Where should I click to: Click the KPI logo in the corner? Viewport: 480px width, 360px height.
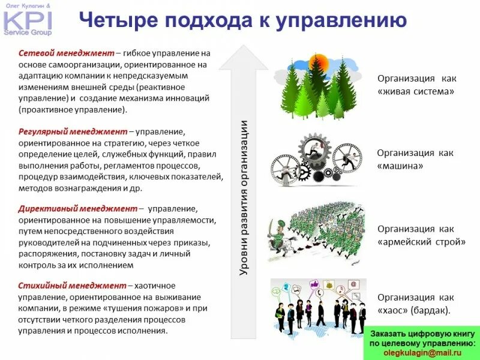[26, 19]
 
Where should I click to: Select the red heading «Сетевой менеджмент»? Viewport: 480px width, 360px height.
[58, 53]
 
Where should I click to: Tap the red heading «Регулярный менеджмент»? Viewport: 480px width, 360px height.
[72, 131]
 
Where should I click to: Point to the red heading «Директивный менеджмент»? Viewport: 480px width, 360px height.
[78, 209]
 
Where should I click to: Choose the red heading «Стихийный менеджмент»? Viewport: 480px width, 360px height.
[72, 285]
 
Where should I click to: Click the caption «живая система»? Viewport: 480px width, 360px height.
[416, 92]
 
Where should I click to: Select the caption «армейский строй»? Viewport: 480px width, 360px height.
[422, 242]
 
